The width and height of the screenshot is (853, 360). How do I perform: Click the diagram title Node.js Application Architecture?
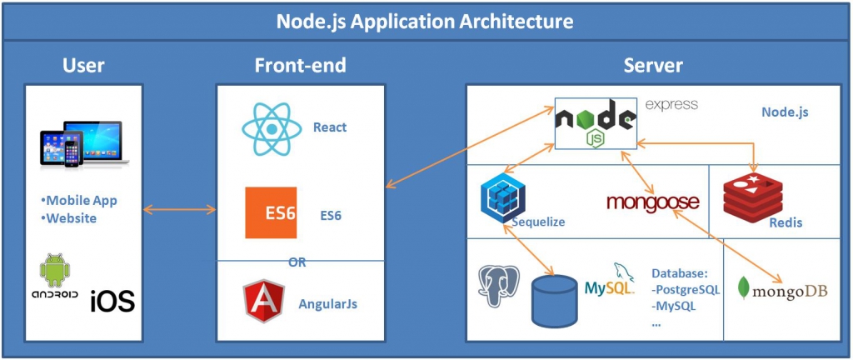click(426, 20)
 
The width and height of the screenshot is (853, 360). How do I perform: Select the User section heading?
click(85, 66)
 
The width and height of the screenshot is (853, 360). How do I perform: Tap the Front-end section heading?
click(300, 66)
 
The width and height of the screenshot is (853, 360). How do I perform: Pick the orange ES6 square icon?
click(271, 213)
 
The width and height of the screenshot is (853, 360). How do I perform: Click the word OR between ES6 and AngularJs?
click(297, 262)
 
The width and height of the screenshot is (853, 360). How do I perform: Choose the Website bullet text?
click(72, 218)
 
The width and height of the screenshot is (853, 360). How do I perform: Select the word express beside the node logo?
click(671, 105)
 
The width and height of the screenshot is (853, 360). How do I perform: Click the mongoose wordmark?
click(652, 202)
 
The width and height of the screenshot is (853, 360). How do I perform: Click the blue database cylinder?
click(554, 299)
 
